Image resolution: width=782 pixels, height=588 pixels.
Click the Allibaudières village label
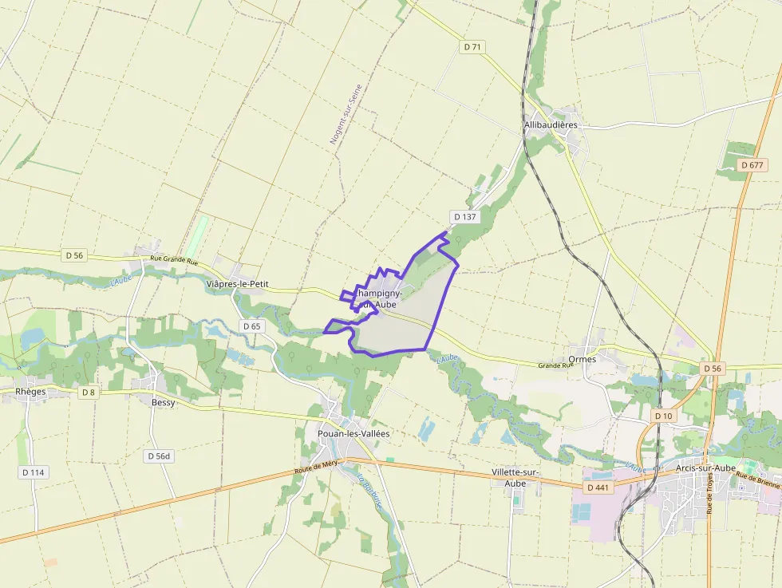pyautogui.click(x=551, y=125)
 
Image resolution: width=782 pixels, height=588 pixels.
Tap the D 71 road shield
pyautogui.click(x=472, y=47)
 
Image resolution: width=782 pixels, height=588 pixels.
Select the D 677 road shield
pyautogui.click(x=752, y=165)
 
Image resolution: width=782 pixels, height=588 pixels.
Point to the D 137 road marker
pyautogui.click(x=464, y=217)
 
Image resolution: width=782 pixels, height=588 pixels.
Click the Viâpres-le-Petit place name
pyautogui.click(x=237, y=284)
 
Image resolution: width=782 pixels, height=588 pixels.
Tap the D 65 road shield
pyautogui.click(x=251, y=326)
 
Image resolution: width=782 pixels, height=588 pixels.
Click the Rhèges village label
pyautogui.click(x=31, y=392)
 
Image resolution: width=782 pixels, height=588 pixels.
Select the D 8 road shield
pyautogui.click(x=88, y=393)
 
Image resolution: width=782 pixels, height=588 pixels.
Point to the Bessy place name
pyautogui.click(x=163, y=403)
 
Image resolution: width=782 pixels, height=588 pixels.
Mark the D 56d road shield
pyautogui.click(x=159, y=456)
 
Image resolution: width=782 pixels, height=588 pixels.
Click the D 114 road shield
pyautogui.click(x=34, y=472)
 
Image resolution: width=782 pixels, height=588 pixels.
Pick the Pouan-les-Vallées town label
pyautogui.click(x=353, y=434)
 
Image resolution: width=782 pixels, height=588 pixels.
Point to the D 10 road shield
pyautogui.click(x=663, y=416)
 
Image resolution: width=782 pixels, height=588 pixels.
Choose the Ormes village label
pyautogui.click(x=583, y=360)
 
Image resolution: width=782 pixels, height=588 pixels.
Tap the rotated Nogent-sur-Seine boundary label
pyautogui.click(x=346, y=114)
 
